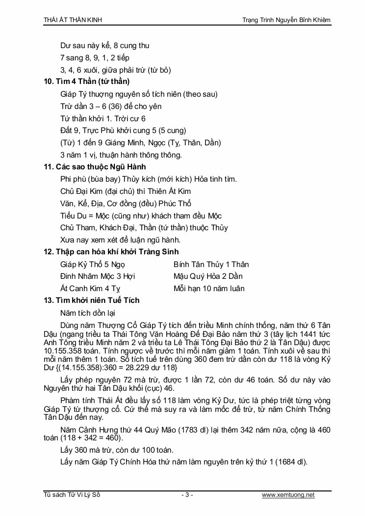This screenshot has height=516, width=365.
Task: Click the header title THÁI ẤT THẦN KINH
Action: [x=73, y=20]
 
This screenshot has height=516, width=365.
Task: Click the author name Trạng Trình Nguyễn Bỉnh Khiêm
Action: [x=287, y=20]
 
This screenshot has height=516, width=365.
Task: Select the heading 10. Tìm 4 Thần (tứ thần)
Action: [x=87, y=81]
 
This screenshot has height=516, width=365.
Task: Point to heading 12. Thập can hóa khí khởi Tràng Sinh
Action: [x=111, y=252]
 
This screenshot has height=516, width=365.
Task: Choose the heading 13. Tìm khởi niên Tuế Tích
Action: [x=92, y=300]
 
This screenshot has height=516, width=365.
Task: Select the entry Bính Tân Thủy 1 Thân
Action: [x=211, y=264]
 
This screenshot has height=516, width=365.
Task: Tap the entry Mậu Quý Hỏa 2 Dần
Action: [x=208, y=276]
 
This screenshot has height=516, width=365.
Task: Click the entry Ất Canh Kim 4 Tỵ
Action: [x=90, y=289]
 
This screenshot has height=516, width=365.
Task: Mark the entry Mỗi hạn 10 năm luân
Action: [x=209, y=289]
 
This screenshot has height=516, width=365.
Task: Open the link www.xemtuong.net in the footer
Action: [x=288, y=495]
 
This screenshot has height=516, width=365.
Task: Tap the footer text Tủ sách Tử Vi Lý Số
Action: [x=72, y=495]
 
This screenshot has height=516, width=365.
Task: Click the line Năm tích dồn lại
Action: [x=88, y=312]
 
